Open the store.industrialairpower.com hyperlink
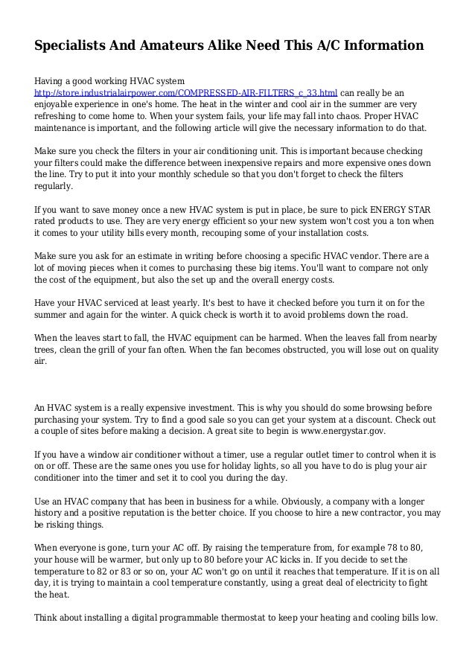[186, 93]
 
